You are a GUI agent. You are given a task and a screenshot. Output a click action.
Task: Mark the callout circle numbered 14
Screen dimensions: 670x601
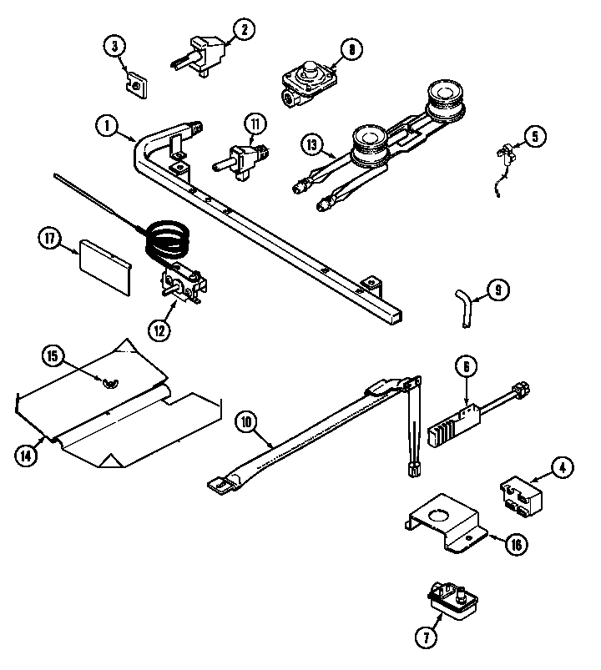coord(27,455)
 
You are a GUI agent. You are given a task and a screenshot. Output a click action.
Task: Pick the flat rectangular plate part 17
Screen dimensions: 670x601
coord(105,267)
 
